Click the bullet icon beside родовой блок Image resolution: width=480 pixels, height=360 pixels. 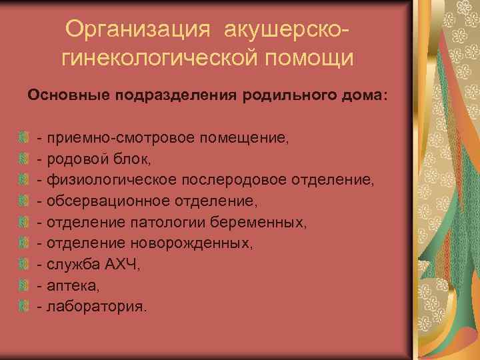(x=24, y=159)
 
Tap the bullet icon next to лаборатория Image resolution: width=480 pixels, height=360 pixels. (x=24, y=306)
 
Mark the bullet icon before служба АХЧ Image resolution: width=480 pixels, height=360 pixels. (x=24, y=264)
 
